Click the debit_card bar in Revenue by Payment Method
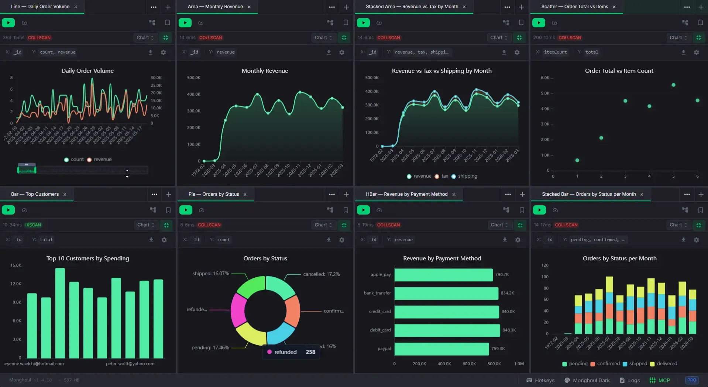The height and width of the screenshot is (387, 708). (x=447, y=330)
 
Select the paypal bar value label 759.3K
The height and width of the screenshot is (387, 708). (x=498, y=349)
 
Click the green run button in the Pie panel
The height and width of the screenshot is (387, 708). (x=186, y=210)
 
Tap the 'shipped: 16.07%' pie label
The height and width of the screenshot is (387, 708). (x=210, y=274)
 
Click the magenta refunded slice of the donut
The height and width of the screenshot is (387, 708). (x=238, y=310)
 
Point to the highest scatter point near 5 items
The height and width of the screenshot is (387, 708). (x=673, y=85)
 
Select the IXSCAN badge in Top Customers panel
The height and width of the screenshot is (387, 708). (x=33, y=225)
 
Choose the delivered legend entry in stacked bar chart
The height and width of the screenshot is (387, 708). (x=667, y=364)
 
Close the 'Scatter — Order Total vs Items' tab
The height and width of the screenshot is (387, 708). (x=614, y=7)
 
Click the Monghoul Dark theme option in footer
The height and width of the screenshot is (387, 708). (x=591, y=380)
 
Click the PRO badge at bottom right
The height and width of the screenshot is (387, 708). (x=692, y=380)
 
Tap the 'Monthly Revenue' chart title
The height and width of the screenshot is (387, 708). (x=265, y=71)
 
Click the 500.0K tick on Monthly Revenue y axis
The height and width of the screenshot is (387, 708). (x=193, y=78)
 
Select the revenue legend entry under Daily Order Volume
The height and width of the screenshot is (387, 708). (x=102, y=160)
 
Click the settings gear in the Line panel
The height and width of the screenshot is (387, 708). (x=163, y=52)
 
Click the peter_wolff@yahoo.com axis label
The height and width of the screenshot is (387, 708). (x=130, y=364)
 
